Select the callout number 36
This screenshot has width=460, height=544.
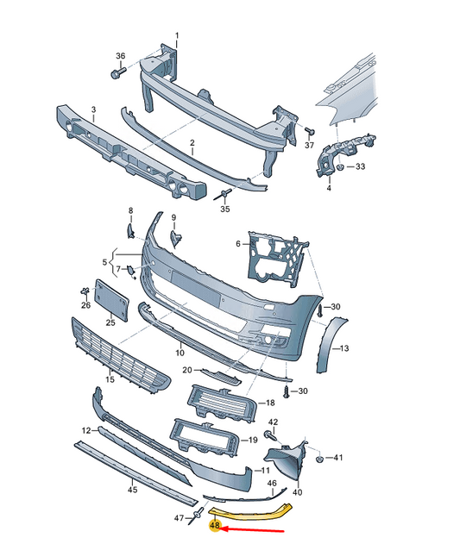pyautogui.click(x=120, y=57)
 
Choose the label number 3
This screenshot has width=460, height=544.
pyautogui.click(x=93, y=110)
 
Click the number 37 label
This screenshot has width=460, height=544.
pyautogui.click(x=310, y=147)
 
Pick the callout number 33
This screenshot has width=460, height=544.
pyautogui.click(x=360, y=166)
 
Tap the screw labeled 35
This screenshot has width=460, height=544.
pyautogui.click(x=226, y=193)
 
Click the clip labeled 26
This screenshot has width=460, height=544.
pyautogui.click(x=85, y=291)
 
